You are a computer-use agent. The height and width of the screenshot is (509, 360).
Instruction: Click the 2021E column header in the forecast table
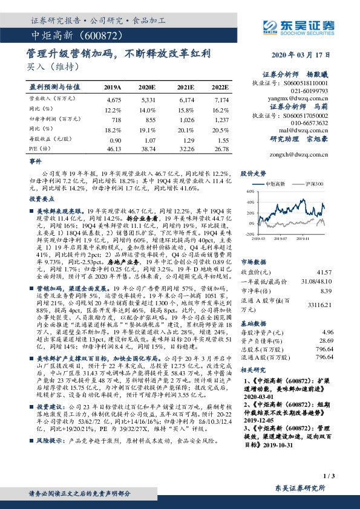186,87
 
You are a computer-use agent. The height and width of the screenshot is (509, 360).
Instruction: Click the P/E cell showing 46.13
113,148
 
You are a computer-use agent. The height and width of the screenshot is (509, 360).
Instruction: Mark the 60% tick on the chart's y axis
249,192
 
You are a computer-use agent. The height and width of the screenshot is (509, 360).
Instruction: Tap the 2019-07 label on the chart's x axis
282,239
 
